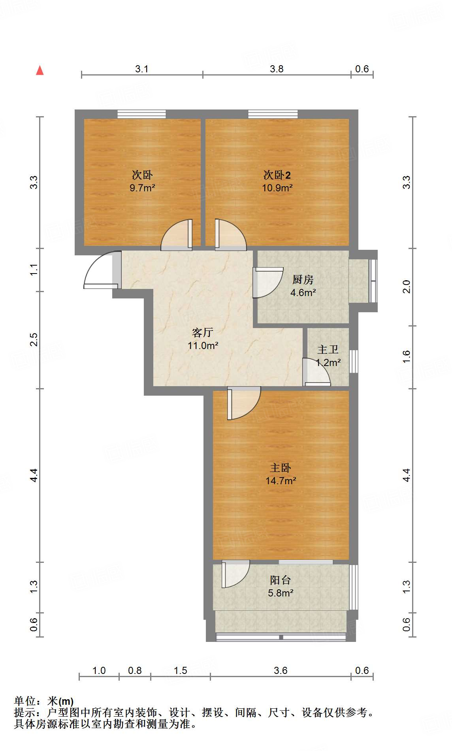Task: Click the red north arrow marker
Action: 40,70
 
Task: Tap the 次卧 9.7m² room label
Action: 142,181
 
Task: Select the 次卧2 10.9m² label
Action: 277,181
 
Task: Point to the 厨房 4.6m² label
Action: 303,286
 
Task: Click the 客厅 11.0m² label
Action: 203,339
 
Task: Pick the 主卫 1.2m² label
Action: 328,356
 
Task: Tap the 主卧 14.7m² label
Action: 281,474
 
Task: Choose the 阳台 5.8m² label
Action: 281,586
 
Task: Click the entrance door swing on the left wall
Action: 100,270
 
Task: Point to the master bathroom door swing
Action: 316,372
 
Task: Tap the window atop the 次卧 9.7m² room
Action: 141,114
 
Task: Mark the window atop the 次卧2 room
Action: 273,114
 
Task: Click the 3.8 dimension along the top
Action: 277,69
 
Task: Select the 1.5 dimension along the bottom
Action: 181,670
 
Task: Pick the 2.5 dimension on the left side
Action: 34,340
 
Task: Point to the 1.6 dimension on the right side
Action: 407,357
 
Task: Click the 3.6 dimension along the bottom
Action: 281,670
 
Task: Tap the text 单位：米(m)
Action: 44,701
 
